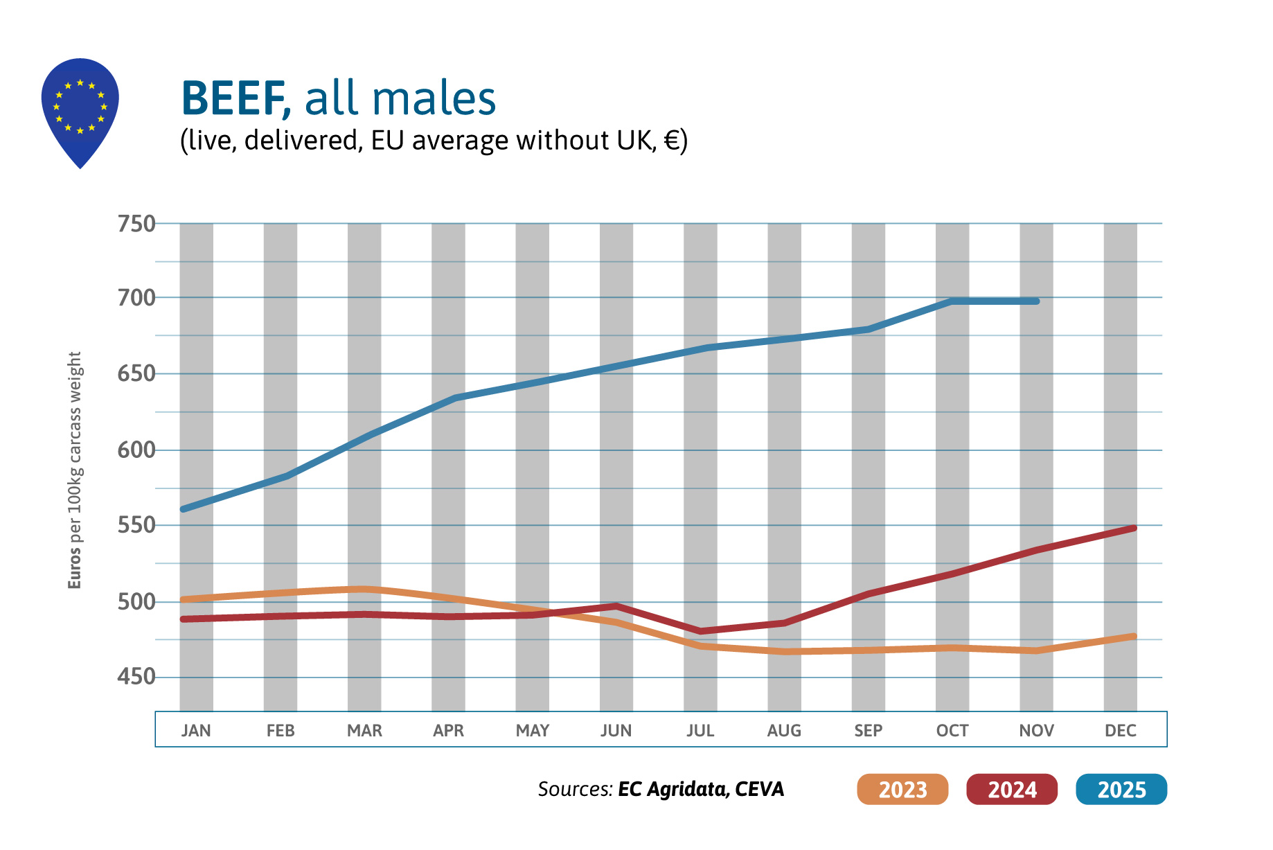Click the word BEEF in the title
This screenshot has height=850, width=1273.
pos(233,98)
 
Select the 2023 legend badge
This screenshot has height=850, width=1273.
pos(902,789)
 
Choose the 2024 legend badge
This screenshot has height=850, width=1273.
pos(1011,789)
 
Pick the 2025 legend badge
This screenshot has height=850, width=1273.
pos(1121,789)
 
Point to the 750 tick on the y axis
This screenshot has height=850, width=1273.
pos(136,224)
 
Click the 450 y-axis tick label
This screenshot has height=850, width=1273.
pos(136,676)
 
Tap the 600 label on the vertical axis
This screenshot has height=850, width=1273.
pos(136,450)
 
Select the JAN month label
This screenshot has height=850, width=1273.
pos(196,730)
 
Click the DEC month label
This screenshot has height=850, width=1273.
pos(1120,730)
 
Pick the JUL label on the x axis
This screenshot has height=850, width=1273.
pos(700,730)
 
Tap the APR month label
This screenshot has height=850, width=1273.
pos(448,730)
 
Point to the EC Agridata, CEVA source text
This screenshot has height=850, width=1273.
pos(700,789)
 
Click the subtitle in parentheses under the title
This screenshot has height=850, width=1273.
pos(434,140)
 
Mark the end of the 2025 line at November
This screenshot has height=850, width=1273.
pos(1036,301)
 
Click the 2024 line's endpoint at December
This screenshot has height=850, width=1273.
pos(1133,529)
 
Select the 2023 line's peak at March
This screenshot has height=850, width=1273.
pos(365,590)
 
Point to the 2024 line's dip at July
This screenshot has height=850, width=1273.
pos(701,631)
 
